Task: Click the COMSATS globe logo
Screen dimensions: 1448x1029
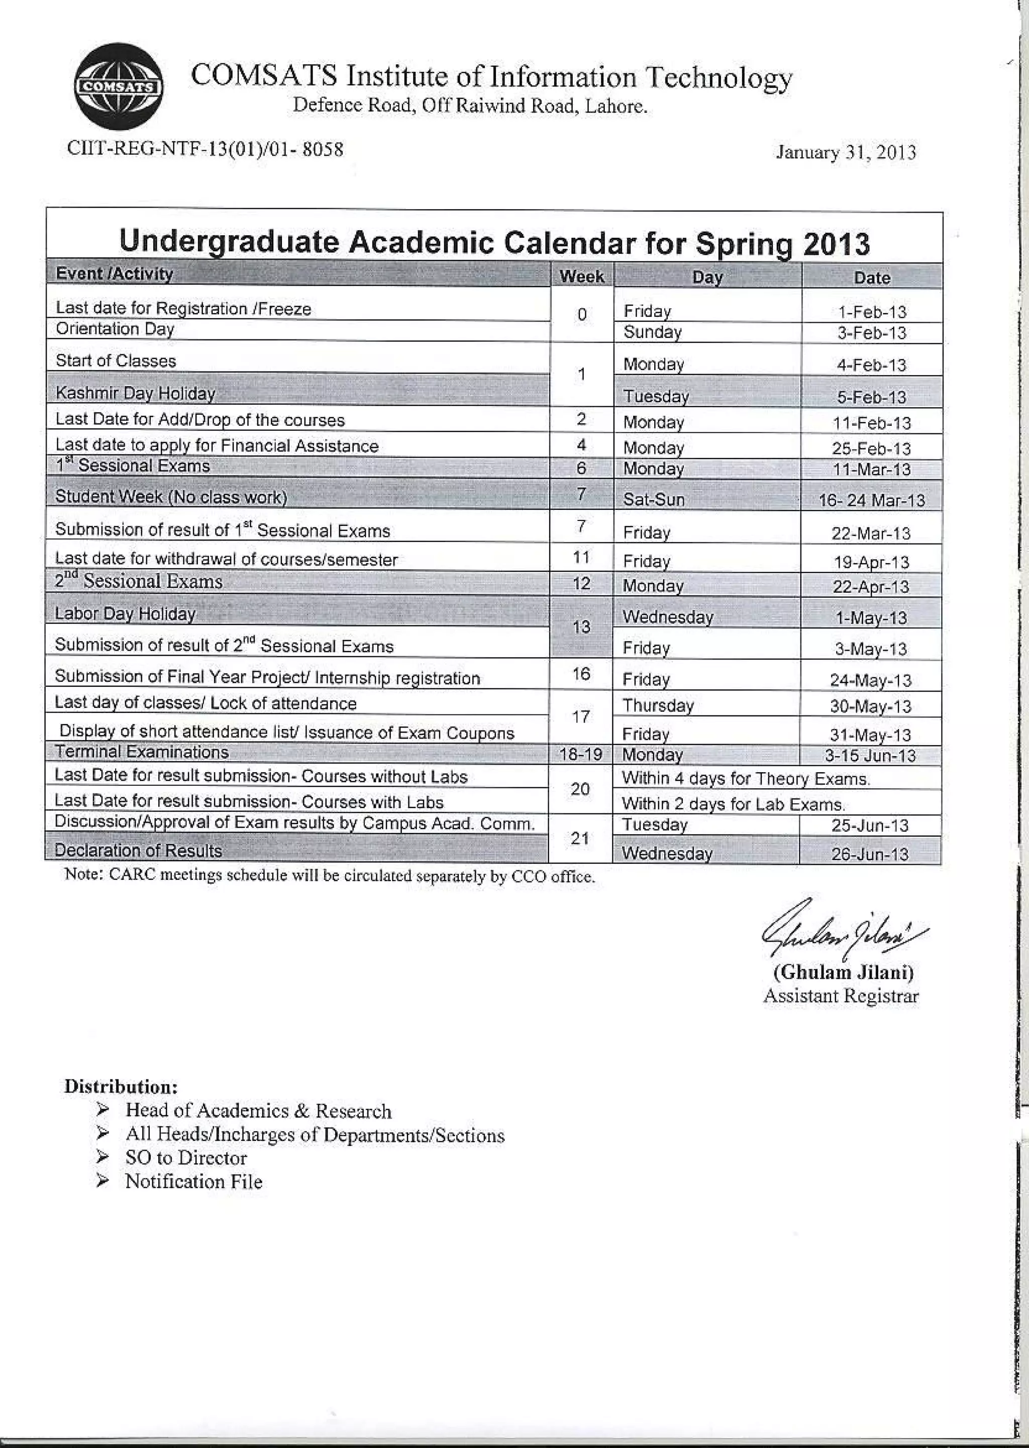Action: (x=119, y=87)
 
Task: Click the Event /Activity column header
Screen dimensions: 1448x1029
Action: (x=114, y=274)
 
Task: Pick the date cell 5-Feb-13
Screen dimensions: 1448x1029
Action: (x=871, y=397)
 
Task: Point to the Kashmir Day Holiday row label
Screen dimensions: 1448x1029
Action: (x=135, y=393)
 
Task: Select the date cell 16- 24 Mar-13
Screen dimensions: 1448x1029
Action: (x=871, y=500)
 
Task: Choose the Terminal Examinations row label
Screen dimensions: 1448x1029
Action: (x=141, y=752)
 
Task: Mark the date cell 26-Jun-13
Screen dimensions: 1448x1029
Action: (x=869, y=854)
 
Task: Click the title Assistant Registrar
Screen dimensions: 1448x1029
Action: (x=840, y=996)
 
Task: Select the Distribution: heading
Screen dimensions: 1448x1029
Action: (x=121, y=1087)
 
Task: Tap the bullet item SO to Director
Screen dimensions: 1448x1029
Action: (x=185, y=1157)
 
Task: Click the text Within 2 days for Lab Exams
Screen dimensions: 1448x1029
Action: (x=733, y=804)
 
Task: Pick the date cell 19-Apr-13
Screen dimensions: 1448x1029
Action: (x=871, y=562)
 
